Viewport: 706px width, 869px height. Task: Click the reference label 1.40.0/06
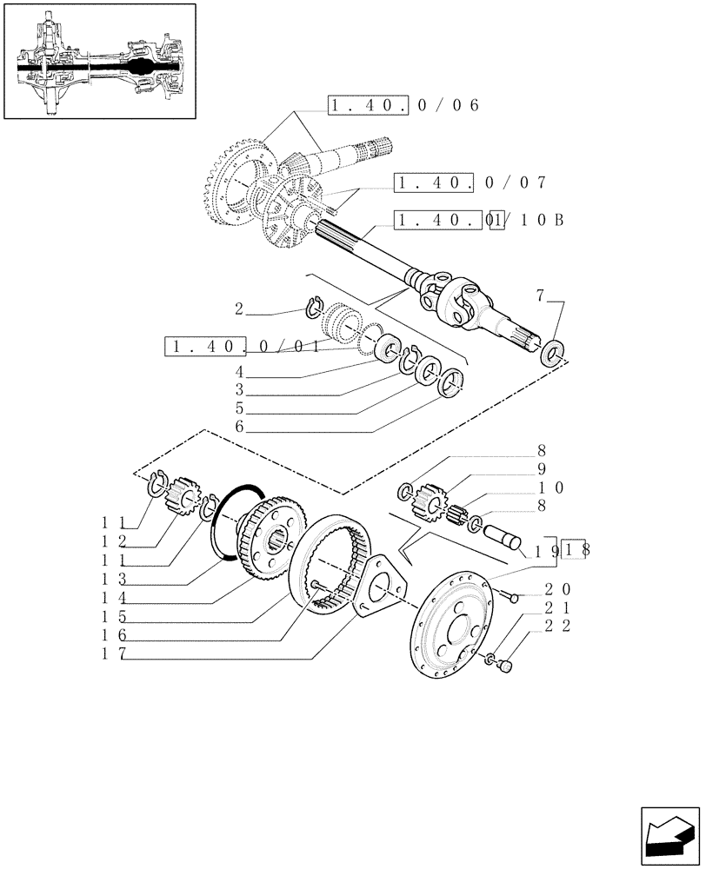click(x=404, y=106)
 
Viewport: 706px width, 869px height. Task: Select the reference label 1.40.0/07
click(x=470, y=182)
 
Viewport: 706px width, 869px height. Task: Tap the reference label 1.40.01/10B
click(x=479, y=220)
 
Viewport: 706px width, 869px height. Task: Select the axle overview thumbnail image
click(x=99, y=62)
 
